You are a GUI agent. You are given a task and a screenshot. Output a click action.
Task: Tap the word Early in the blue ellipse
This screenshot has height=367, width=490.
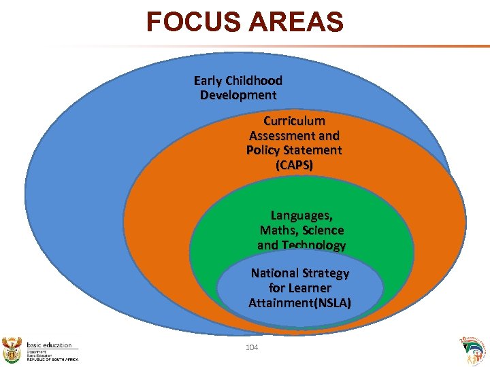pyautogui.click(x=209, y=81)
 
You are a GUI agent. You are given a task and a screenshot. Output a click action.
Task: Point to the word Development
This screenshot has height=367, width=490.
pyautogui.click(x=238, y=95)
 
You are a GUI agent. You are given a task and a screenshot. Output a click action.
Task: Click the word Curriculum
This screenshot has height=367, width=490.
pyautogui.click(x=294, y=121)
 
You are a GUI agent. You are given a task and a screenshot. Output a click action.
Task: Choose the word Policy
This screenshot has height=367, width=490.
pyautogui.click(x=264, y=150)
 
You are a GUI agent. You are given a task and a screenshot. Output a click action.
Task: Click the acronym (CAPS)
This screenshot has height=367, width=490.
pyautogui.click(x=294, y=165)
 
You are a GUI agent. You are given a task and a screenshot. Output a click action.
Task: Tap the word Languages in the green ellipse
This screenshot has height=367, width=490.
pyautogui.click(x=301, y=216)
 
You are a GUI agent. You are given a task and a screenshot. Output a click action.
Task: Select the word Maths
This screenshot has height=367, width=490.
pyautogui.click(x=279, y=231)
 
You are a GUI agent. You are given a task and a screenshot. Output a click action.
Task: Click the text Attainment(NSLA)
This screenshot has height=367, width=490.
pyautogui.click(x=299, y=303)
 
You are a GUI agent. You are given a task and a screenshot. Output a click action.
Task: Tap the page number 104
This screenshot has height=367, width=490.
pyautogui.click(x=252, y=348)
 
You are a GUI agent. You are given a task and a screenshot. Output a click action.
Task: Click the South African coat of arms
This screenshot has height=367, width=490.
pyautogui.click(x=13, y=348)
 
